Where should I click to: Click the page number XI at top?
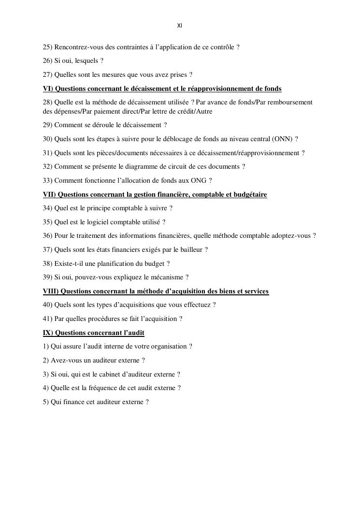coord(180,26)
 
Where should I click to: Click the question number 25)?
coord(48,47)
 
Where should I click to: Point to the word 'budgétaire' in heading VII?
coord(250,194)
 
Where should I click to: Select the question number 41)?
coord(48,319)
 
